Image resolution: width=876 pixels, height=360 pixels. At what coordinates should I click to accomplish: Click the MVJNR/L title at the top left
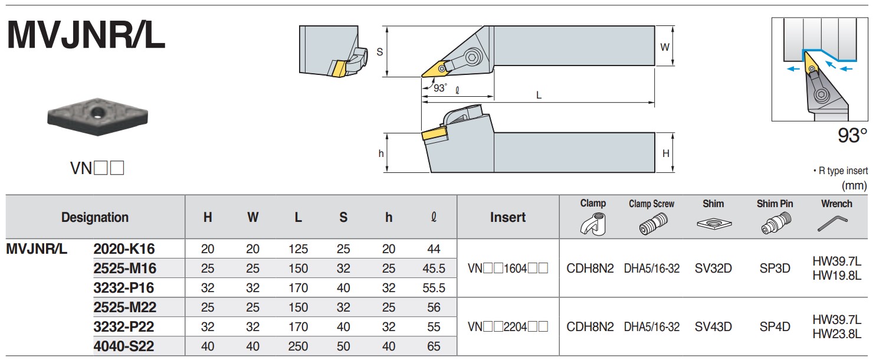(86, 35)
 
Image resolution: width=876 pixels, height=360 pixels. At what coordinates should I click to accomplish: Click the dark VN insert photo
(97, 116)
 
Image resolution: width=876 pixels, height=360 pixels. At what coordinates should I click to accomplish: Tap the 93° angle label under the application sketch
(852, 136)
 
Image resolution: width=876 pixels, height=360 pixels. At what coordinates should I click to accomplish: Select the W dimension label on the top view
(664, 47)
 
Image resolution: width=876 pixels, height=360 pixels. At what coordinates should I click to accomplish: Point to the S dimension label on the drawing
(379, 52)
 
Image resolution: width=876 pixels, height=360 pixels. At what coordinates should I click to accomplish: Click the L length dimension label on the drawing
(539, 95)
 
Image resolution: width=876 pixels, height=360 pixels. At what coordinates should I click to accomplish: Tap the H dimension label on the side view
(665, 153)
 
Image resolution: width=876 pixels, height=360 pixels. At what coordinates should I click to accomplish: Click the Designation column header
(94, 217)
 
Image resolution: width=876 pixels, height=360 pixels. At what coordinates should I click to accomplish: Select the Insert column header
(508, 217)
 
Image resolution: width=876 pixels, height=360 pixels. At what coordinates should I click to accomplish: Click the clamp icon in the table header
(593, 224)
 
